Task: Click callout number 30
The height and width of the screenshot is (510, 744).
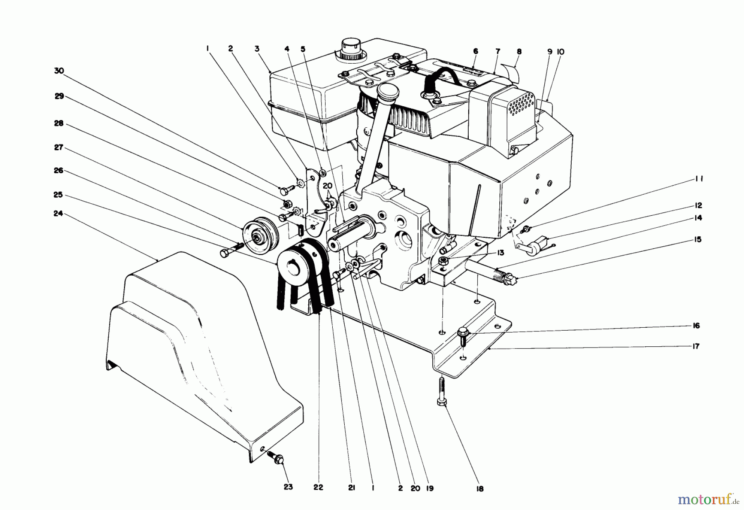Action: point(59,71)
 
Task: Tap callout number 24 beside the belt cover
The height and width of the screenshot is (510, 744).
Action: point(59,214)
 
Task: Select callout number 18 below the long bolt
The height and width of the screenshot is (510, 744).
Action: point(479,489)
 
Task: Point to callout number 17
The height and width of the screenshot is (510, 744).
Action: point(696,346)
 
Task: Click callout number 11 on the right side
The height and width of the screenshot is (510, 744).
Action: point(699,179)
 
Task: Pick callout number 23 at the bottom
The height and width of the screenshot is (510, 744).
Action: point(288,487)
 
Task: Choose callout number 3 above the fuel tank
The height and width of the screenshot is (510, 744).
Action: point(257,49)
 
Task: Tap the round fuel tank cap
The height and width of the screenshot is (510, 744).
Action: point(351,48)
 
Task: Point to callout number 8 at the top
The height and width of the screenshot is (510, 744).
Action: point(519,52)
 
